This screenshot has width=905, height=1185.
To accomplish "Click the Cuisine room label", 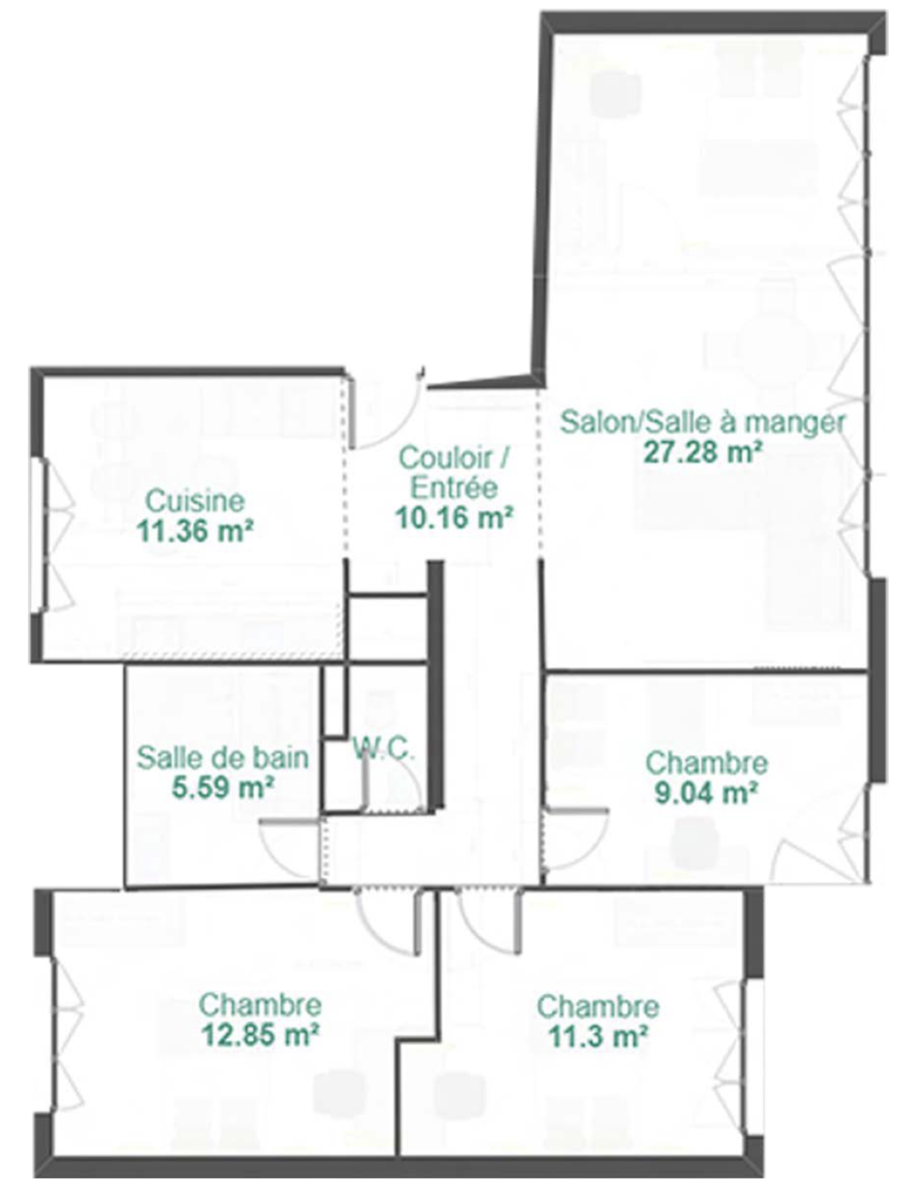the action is tap(196, 501).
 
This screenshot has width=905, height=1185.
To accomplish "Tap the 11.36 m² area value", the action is tap(196, 531).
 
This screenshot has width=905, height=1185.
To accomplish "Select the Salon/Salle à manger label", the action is tap(702, 423).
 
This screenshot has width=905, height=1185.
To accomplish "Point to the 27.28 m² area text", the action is tap(701, 452).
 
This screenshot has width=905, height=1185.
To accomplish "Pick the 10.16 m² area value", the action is tap(454, 517).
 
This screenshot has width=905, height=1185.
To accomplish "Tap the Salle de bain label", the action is tap(222, 757).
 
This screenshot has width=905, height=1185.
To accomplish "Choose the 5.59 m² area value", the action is tap(222, 788).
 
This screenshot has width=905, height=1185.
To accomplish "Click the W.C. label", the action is tap(384, 749).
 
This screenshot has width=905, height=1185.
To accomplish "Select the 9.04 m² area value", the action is tap(706, 793).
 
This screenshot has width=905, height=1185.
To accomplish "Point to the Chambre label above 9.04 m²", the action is tap(706, 763).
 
